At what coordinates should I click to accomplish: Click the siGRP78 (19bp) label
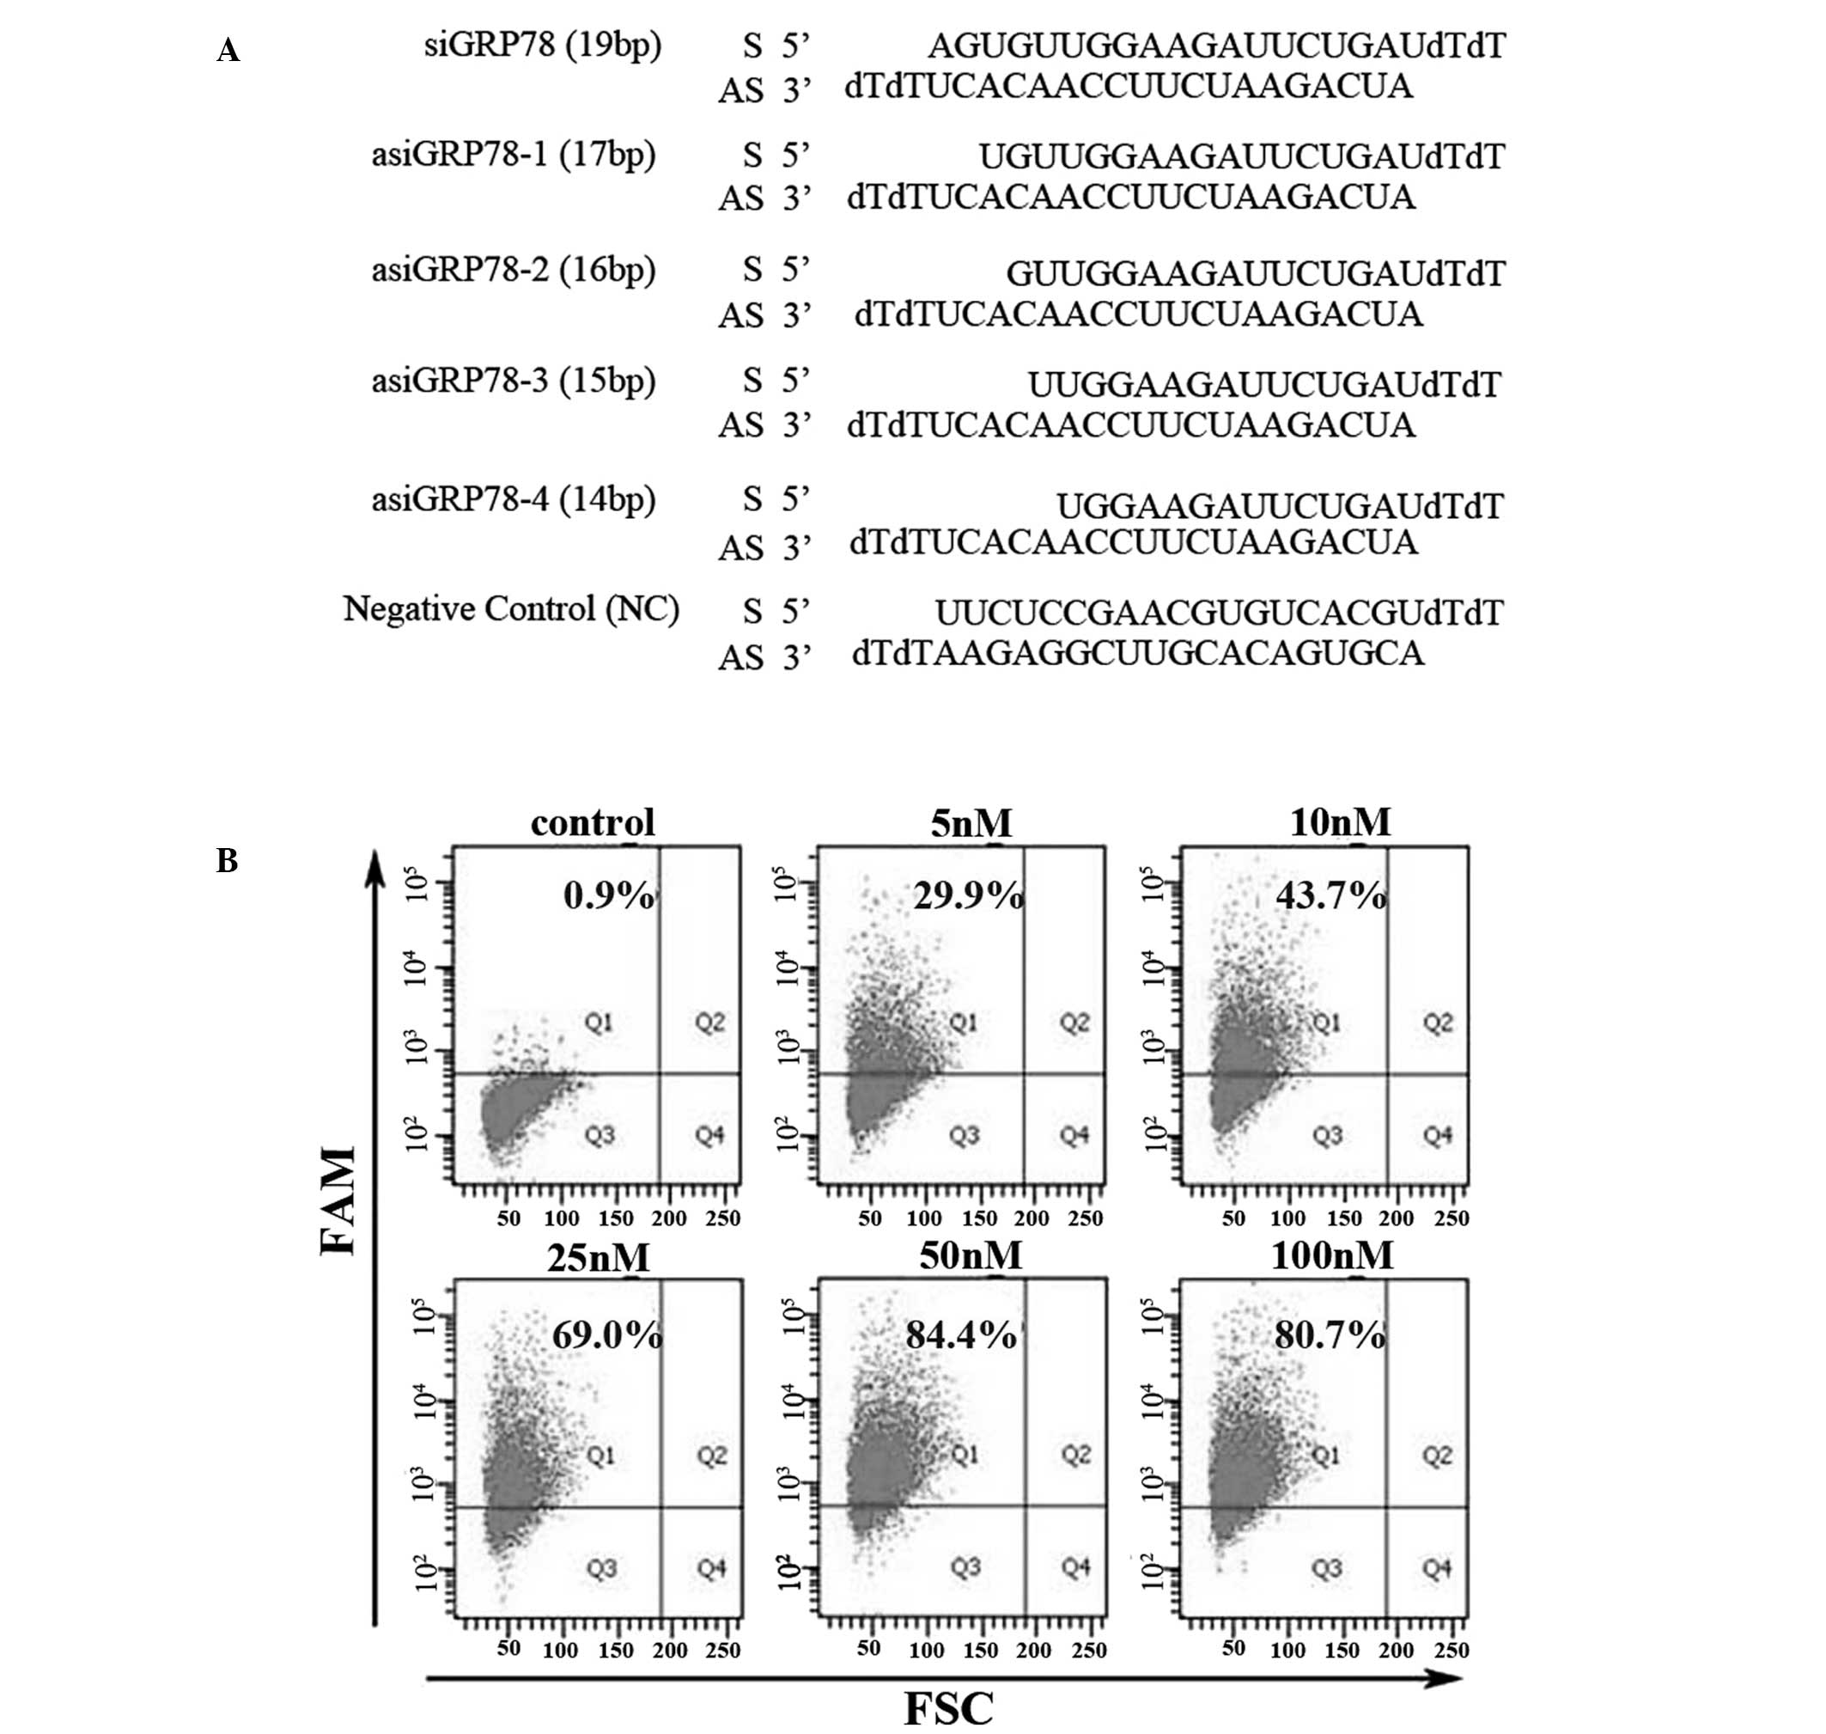tap(543, 46)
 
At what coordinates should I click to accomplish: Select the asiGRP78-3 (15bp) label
tap(514, 380)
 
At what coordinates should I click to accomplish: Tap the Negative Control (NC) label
tap(511, 609)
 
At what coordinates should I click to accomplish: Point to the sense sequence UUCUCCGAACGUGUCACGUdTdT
tap(1219, 613)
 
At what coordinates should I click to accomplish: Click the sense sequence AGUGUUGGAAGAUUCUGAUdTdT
tap(1217, 46)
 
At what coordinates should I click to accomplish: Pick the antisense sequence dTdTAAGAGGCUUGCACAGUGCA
tap(1137, 655)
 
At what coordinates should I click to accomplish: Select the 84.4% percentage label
tap(961, 1334)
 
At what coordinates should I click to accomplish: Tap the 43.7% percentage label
tap(1330, 895)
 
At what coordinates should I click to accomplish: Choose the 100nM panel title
tap(1331, 1255)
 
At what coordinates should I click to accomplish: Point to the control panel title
tap(593, 822)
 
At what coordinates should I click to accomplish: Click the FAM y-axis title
tap(339, 1200)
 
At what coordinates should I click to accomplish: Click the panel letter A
tap(228, 52)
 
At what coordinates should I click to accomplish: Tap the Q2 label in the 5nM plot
tap(1074, 1023)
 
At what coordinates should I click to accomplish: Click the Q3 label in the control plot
tap(600, 1135)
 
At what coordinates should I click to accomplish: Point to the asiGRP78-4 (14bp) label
tap(514, 499)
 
